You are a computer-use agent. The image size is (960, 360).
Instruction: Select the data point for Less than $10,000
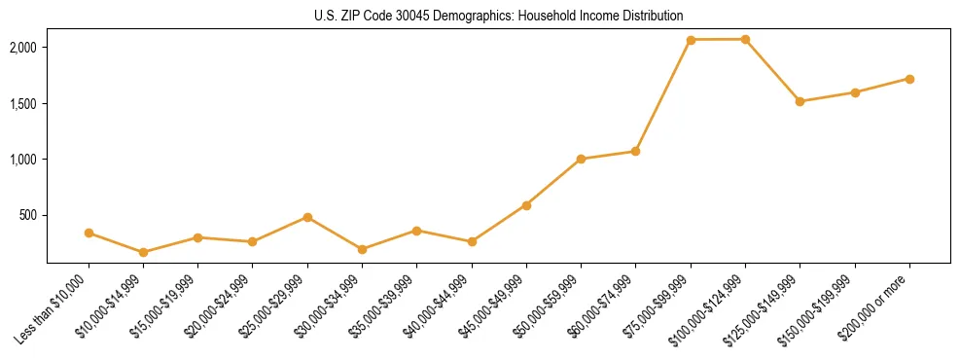(x=89, y=233)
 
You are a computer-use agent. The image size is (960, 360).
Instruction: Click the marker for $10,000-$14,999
(x=143, y=252)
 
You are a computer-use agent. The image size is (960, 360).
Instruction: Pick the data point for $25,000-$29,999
(x=307, y=217)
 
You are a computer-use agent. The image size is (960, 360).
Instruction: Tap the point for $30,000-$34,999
(x=362, y=249)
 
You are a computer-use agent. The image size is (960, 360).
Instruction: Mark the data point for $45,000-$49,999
(x=526, y=205)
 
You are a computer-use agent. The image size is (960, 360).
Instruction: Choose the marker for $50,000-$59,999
(x=581, y=159)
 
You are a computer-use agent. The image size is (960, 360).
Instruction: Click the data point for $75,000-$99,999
(x=691, y=40)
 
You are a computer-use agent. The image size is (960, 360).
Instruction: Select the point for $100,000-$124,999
(x=745, y=39)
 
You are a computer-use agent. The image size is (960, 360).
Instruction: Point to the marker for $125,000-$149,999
(x=800, y=101)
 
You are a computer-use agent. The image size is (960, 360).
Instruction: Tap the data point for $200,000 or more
(x=909, y=79)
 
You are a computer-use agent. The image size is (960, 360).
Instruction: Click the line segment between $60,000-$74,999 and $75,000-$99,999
(x=662, y=95)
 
